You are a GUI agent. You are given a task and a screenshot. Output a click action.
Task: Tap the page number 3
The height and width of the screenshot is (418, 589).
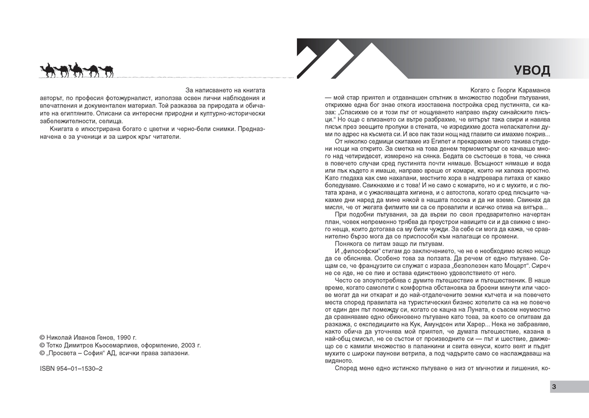pyautogui.click(x=554, y=386)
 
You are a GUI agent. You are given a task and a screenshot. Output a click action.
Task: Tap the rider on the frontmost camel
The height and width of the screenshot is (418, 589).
pyautogui.click(x=48, y=65)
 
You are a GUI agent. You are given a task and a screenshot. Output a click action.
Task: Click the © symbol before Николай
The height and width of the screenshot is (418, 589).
pyautogui.click(x=42, y=338)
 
